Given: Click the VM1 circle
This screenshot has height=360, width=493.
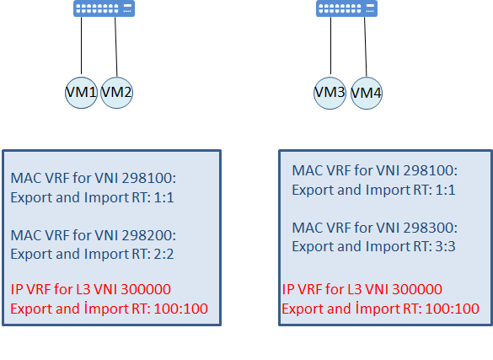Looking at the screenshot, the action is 81,93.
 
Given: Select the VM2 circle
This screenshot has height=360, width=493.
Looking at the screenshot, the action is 116,93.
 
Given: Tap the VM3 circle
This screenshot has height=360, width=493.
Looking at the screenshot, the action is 330,93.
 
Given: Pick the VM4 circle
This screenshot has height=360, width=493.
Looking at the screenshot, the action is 367,93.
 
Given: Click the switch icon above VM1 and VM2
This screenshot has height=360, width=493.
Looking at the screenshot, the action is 104,8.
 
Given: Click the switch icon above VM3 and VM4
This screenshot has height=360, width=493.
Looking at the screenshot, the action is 347,8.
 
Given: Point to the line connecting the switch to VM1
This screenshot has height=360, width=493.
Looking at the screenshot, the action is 82,46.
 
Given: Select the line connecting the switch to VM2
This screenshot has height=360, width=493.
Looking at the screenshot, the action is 116,46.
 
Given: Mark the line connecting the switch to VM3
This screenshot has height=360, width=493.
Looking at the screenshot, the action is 330,46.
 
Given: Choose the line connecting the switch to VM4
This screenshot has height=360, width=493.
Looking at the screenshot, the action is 366,46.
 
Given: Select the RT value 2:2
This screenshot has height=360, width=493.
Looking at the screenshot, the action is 163,254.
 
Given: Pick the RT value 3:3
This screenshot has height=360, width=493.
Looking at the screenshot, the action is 446,246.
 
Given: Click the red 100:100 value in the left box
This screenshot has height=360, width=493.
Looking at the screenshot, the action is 181,309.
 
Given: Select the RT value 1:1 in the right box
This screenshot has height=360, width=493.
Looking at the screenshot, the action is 446,190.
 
